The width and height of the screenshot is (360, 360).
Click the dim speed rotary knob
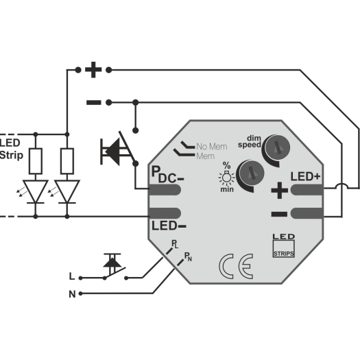(x=277, y=147)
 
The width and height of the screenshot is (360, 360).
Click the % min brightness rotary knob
(x=252, y=173)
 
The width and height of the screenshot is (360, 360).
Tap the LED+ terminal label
(x=305, y=176)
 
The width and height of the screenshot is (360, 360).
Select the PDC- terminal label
(x=167, y=174)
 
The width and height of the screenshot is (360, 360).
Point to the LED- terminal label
(x=169, y=226)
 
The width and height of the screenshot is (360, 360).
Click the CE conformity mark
(x=236, y=266)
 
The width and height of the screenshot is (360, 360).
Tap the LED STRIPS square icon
(x=284, y=245)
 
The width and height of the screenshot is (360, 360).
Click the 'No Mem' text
(x=212, y=147)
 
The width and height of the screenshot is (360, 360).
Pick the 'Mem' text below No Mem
(x=206, y=156)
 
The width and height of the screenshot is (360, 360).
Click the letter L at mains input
(x=72, y=276)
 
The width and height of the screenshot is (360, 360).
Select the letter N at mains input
(x=72, y=294)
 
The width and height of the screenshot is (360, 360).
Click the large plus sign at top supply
(x=93, y=70)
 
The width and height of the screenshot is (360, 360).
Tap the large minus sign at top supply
(x=94, y=102)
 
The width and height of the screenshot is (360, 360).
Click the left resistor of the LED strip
(x=36, y=161)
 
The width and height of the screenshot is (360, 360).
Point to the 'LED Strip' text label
(x=11, y=149)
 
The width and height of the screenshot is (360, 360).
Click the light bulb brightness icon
(x=227, y=178)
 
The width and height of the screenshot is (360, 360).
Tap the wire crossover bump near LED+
(x=342, y=185)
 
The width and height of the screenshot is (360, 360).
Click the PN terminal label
(x=188, y=256)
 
